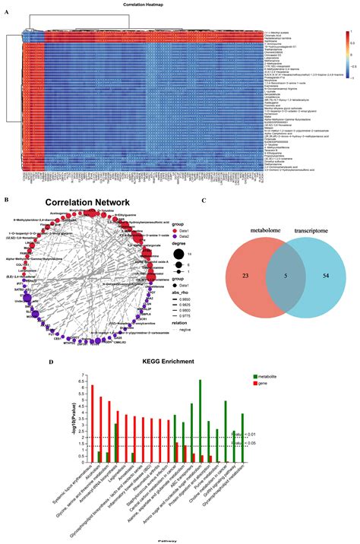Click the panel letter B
point(7,200)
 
